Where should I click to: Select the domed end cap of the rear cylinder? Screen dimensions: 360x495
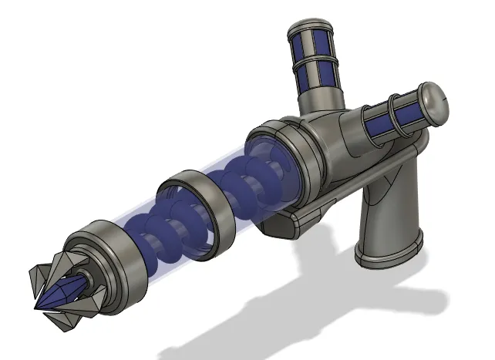435,100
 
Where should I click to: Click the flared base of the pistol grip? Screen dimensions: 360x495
389,254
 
